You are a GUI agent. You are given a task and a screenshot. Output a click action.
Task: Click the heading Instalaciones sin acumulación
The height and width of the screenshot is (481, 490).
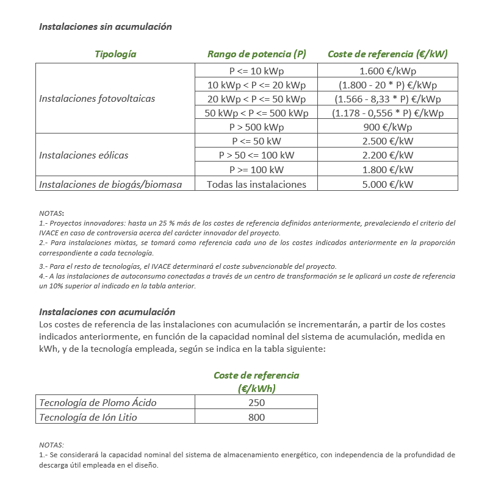pyautogui.click(x=105, y=27)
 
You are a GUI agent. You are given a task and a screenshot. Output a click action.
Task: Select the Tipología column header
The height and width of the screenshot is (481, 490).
pyautogui.click(x=115, y=54)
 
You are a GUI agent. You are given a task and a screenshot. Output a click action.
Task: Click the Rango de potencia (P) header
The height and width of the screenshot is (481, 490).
pyautogui.click(x=256, y=54)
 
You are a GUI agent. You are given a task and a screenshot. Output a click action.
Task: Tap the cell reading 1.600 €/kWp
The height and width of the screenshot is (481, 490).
pyautogui.click(x=387, y=71)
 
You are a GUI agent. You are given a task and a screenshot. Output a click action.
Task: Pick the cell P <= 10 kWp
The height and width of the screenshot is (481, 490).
pyautogui.click(x=256, y=71)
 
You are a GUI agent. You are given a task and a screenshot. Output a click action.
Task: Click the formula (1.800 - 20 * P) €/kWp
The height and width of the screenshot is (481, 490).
pyautogui.click(x=387, y=85)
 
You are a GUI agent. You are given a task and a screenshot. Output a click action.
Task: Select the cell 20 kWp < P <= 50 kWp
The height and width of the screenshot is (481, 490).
pyautogui.click(x=256, y=99)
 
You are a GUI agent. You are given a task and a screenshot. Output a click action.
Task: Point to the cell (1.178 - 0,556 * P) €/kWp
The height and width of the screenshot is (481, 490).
pyautogui.click(x=387, y=113)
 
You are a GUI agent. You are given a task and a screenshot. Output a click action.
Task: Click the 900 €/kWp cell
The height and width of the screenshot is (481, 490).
pyautogui.click(x=387, y=127)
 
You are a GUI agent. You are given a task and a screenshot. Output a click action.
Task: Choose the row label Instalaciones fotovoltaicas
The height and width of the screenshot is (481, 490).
pyautogui.click(x=97, y=99)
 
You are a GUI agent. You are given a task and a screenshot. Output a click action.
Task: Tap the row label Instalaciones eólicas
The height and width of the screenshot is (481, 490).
pyautogui.click(x=84, y=155)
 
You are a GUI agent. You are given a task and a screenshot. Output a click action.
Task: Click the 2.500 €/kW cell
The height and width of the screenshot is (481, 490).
pyautogui.click(x=387, y=141)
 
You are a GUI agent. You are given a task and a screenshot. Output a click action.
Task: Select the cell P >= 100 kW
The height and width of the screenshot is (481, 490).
pyautogui.click(x=256, y=169)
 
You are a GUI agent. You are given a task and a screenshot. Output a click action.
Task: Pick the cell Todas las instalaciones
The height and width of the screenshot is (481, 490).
pyautogui.click(x=256, y=184)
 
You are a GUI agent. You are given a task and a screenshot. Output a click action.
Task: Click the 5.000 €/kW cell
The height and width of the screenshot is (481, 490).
pyautogui.click(x=387, y=184)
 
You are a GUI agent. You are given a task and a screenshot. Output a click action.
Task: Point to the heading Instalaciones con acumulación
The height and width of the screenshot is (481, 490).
pyautogui.click(x=107, y=312)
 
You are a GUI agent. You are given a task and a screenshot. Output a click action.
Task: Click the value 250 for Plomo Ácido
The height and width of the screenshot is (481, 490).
pyautogui.click(x=256, y=402)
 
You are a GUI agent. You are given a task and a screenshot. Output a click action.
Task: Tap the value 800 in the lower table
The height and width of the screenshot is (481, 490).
pyautogui.click(x=256, y=417)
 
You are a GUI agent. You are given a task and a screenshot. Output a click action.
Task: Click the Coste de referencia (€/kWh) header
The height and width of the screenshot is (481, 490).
pyautogui.click(x=256, y=382)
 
